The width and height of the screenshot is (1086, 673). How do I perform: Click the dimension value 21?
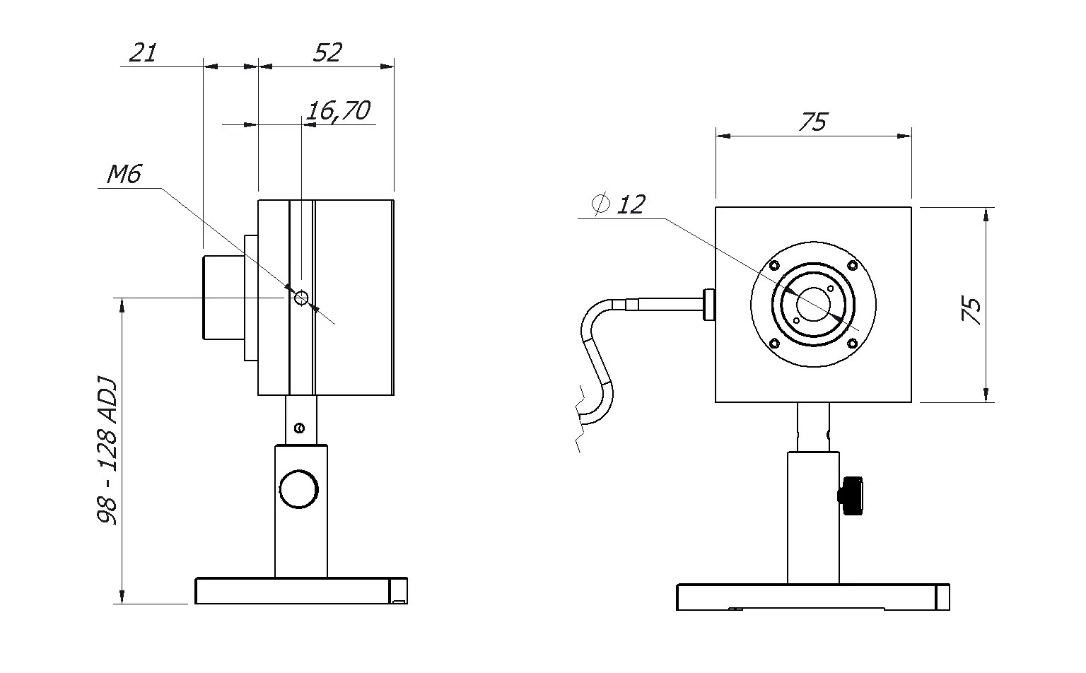pyautogui.click(x=144, y=52)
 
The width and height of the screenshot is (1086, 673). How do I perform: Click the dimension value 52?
pyautogui.click(x=327, y=52)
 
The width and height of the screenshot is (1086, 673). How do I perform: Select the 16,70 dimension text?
pyautogui.click(x=338, y=110)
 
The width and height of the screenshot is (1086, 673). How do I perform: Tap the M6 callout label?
pyautogui.click(x=124, y=174)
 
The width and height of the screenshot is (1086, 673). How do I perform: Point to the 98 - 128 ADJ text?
pyautogui.click(x=108, y=452)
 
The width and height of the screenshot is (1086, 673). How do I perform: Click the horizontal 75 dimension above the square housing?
pyautogui.click(x=812, y=122)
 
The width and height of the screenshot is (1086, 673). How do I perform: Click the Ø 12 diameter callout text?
pyautogui.click(x=619, y=205)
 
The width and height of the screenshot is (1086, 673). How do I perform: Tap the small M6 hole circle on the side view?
pyautogui.click(x=302, y=298)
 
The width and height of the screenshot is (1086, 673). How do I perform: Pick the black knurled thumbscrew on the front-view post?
pyautogui.click(x=852, y=496)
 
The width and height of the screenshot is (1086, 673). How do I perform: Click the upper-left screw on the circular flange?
pyautogui.click(x=773, y=267)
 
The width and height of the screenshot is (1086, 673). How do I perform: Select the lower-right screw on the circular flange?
pyautogui.click(x=852, y=344)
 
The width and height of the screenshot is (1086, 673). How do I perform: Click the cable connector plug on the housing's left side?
pyautogui.click(x=708, y=305)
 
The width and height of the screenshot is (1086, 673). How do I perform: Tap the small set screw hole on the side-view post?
pyautogui.click(x=299, y=428)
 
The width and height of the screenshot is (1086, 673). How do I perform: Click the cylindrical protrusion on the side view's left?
pyautogui.click(x=223, y=298)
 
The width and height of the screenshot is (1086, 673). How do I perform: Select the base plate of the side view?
pyautogui.click(x=301, y=591)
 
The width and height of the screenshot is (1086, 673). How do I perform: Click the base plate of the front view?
pyautogui.click(x=812, y=597)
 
